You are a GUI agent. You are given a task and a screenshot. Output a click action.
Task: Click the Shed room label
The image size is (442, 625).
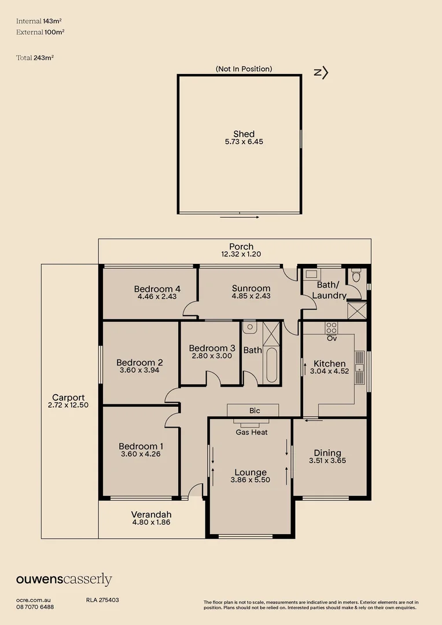pos(244,134)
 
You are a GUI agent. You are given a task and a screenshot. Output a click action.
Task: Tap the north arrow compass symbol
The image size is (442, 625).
pos(321,72)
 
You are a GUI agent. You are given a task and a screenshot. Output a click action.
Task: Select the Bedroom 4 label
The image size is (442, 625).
pos(157,289)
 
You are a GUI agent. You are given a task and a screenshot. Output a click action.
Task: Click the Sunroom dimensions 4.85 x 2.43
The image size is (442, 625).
pos(251,296)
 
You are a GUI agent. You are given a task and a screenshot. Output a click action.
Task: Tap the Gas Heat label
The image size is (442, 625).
pos(252,432)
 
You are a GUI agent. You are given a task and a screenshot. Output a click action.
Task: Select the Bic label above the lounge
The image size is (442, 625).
pos(255,411)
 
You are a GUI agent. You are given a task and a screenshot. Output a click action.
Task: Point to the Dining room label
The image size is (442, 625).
pos(327,453)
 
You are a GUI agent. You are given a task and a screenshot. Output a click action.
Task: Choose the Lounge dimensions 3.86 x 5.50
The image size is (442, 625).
pos(251,480)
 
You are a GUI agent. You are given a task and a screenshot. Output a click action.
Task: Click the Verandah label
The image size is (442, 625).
pos(151,514)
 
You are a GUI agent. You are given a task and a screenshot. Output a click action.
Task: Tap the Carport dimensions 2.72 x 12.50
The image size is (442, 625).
pos(68,405)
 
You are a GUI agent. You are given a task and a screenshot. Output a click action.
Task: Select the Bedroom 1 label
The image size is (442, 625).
pos(141,446)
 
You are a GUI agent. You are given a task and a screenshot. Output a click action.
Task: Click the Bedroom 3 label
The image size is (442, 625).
pos(212,348)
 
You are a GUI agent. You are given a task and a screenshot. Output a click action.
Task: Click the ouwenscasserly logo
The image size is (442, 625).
pos(64,579)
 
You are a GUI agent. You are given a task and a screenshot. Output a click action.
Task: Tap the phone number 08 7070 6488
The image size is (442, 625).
pos(35,607)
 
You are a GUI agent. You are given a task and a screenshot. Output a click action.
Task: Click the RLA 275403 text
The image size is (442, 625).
pos(102,601)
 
